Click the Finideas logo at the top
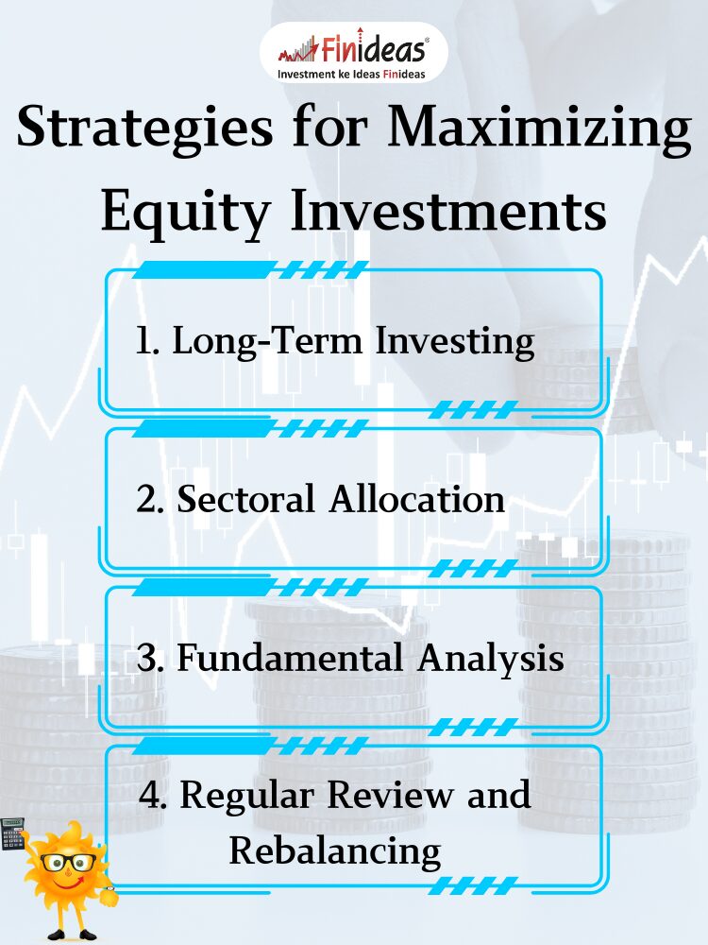tap(353, 52)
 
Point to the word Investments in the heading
tap(448, 211)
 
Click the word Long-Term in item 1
tap(268, 342)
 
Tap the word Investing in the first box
tap(455, 342)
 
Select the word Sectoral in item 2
tap(245, 499)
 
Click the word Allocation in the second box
tap(416, 499)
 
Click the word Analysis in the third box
tap(491, 659)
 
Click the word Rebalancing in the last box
tap(335, 852)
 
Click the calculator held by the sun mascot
tap(12, 833)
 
